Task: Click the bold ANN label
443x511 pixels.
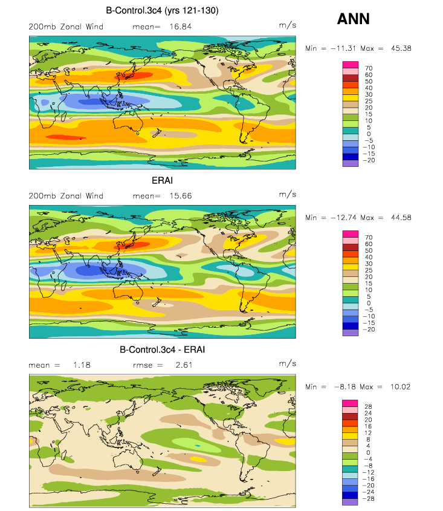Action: click(x=354, y=19)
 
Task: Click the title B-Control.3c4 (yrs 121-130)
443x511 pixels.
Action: click(x=162, y=10)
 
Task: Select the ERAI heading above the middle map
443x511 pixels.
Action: click(x=162, y=180)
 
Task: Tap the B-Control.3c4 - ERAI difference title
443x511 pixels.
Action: click(x=162, y=350)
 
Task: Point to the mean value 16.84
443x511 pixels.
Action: click(x=181, y=27)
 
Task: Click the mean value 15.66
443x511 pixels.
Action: click(x=181, y=196)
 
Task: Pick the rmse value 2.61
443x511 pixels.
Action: click(x=184, y=365)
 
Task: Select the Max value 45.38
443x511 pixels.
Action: click(x=401, y=48)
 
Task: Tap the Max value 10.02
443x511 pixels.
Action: click(x=400, y=387)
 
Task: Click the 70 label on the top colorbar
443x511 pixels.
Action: click(x=369, y=68)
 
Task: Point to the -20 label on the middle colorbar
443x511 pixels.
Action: click(x=369, y=330)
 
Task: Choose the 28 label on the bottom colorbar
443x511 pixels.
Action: click(x=368, y=407)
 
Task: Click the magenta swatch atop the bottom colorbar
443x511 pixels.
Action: click(x=350, y=403)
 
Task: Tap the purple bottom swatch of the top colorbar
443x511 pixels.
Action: click(x=351, y=163)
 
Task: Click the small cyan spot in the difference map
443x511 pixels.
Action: click(x=198, y=445)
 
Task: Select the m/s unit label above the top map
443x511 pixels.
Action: click(x=287, y=25)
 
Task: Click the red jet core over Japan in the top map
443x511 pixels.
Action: click(x=134, y=76)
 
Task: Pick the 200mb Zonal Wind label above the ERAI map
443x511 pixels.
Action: click(x=66, y=196)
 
